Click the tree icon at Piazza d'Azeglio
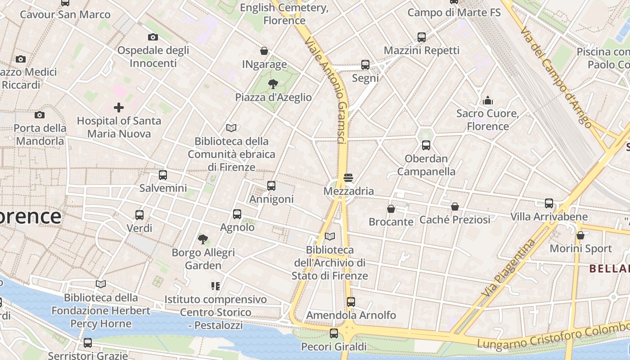[273, 84]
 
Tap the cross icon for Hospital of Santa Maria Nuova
[119, 108]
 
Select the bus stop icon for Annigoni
[271, 185]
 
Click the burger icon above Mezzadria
[348, 178]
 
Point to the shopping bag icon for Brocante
[391, 209]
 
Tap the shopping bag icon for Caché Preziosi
[455, 207]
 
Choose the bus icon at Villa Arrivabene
[549, 203]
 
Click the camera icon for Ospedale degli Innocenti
[153, 37]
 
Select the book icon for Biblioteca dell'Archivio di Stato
[330, 236]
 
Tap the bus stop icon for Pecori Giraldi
[333, 333]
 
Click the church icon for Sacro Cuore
[487, 100]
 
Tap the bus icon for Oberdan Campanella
[426, 145]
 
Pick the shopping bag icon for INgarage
[264, 51]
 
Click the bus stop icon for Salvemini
[162, 175]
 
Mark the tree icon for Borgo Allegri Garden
[203, 239]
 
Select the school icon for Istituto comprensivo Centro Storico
[215, 286]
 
